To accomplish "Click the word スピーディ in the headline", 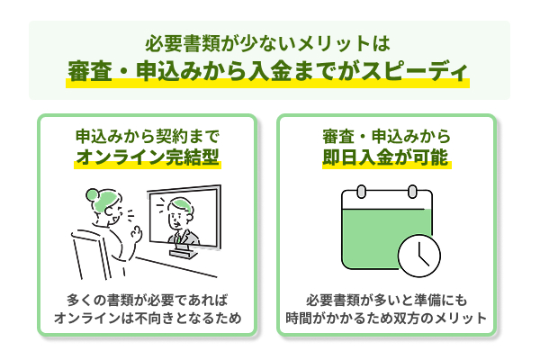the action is tap(414, 72).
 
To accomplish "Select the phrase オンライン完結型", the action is tap(148, 157).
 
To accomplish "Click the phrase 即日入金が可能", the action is tap(385, 157).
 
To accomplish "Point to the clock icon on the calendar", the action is tap(418, 256).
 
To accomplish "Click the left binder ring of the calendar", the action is tap(361, 192).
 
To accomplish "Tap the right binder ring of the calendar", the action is tap(412, 192).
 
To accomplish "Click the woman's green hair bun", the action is tap(92, 194).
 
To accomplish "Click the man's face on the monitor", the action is tap(177, 218).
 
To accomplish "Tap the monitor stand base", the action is tap(184, 254).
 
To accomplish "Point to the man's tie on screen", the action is tap(180, 238).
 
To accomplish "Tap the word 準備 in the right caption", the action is tap(427, 301).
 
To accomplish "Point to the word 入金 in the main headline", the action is tap(270, 72).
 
